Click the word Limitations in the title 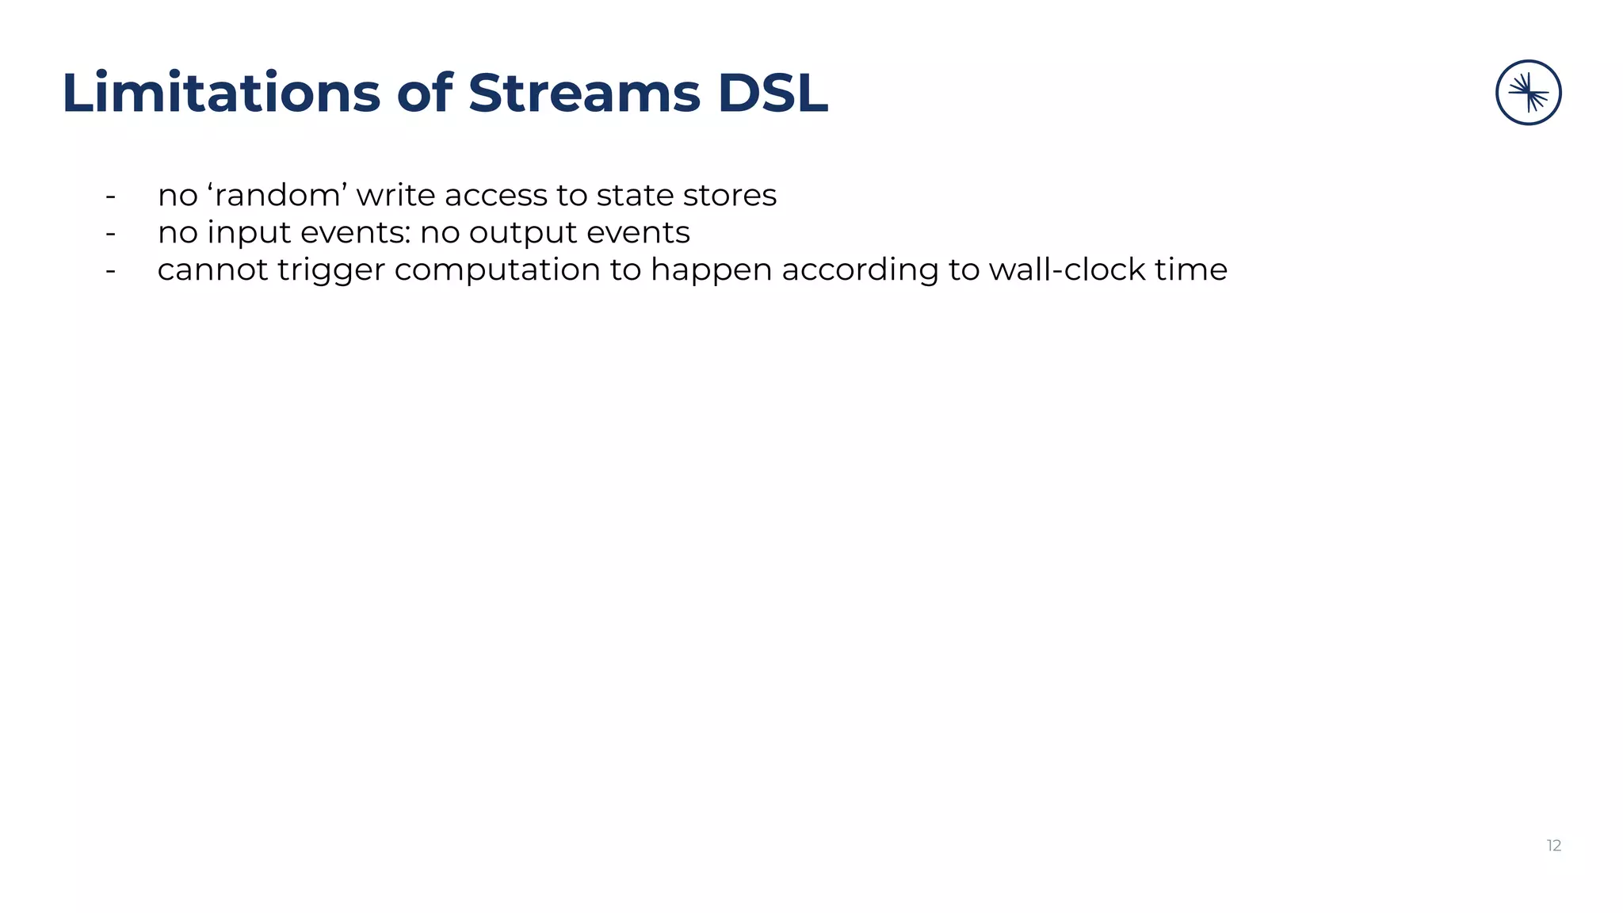pos(221,94)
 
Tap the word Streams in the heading pos(584,94)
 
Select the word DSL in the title pos(773,94)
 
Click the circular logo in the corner pos(1528,93)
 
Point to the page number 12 pos(1553,846)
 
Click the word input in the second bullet pos(250,232)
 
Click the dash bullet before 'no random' pos(111,196)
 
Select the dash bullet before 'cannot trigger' pos(111,270)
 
